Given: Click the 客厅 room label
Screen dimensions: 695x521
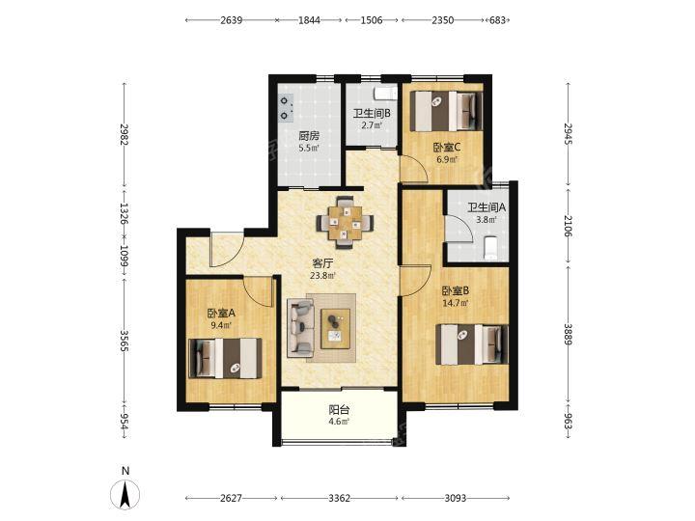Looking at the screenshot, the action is tap(322, 263).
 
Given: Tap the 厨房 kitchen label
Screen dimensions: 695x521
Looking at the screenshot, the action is tap(309, 136).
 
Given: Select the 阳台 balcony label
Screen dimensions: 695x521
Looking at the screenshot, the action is tap(339, 410).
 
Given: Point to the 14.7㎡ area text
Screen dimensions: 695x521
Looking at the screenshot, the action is tap(456, 303).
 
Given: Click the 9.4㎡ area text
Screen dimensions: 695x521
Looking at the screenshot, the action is tap(221, 325).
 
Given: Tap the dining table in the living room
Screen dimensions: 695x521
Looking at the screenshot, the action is tap(345, 223).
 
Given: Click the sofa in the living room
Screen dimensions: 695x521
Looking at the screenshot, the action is tap(300, 327).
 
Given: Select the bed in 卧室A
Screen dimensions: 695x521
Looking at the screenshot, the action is tap(225, 358).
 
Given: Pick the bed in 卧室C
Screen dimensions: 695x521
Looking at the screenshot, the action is tap(446, 111).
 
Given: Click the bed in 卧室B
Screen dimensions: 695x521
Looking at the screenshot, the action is tap(472, 344).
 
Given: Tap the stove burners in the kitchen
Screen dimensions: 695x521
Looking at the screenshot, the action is tap(286, 108).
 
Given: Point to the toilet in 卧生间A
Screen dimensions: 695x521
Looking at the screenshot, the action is tap(490, 249).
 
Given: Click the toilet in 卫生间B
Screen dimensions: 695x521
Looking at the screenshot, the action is tap(385, 94).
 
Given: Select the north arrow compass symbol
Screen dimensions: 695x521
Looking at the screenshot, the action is tap(125, 494).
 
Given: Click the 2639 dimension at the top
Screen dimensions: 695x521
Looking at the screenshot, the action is tap(232, 20).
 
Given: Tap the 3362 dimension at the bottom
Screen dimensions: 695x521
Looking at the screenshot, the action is tap(340, 498).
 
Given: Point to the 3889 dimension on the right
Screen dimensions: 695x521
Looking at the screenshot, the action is tap(569, 334).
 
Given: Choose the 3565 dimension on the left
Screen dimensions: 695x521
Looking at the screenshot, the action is tap(125, 342).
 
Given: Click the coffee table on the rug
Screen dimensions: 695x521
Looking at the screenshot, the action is tap(336, 329).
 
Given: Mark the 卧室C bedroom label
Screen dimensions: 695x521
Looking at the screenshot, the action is tap(447, 147).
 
